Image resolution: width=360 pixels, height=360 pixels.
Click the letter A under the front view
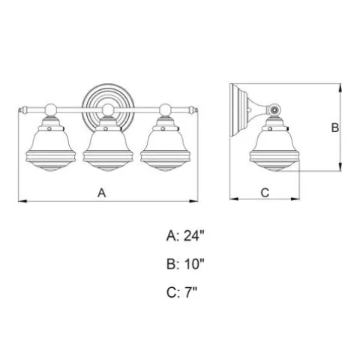coord(102,193)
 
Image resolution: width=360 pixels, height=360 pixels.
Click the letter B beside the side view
coord(334,127)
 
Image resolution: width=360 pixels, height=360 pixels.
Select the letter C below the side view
coord(265,193)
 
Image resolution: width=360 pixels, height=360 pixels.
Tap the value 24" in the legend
coord(194,235)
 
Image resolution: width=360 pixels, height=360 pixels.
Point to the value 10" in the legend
coord(194,264)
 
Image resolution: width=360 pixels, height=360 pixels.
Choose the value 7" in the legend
coord(191,292)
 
